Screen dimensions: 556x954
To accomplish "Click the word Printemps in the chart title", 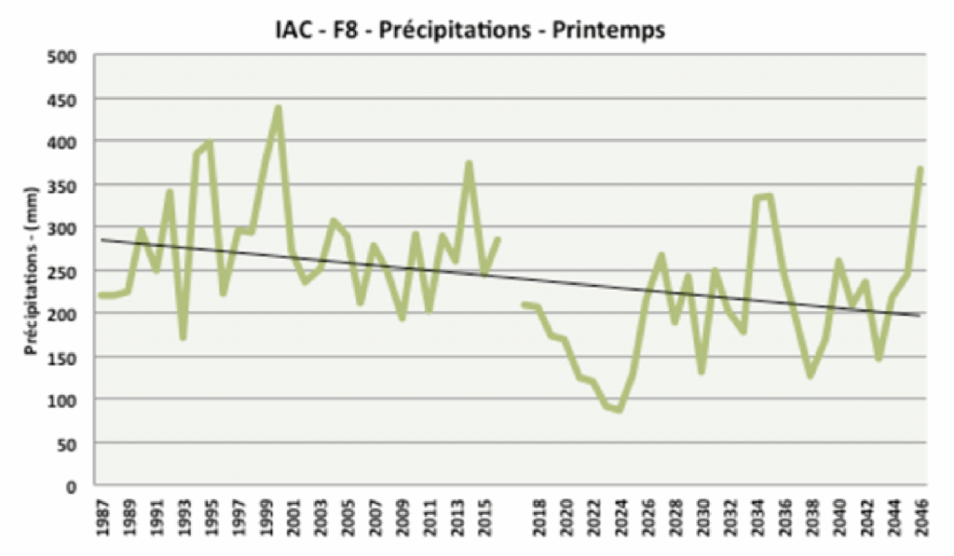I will pos(608,31).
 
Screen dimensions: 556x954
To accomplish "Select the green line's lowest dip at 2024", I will pos(620,410).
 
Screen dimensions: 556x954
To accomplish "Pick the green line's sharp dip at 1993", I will pos(184,337).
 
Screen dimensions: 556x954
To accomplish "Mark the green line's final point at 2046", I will pos(920,169).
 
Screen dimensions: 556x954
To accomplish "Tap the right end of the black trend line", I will pos(920,316).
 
